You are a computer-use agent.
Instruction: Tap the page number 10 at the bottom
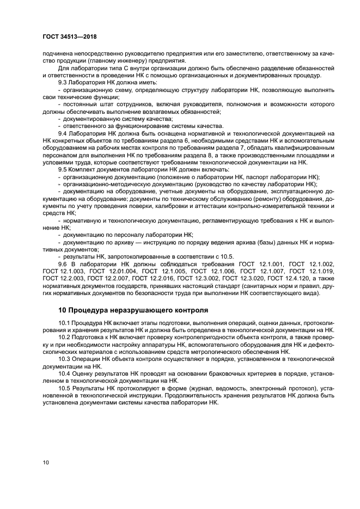click(46, 463)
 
